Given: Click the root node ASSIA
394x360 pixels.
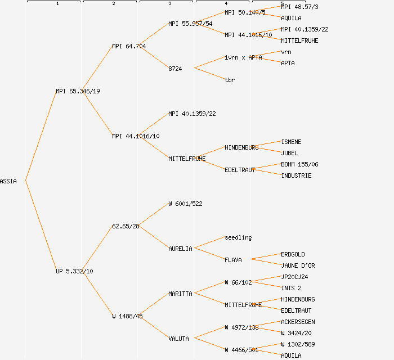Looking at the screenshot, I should [8, 181].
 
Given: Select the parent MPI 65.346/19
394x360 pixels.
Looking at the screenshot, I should [78, 91].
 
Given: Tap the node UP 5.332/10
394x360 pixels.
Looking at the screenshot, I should [74, 271].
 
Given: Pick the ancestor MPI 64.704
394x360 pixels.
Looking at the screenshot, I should [129, 46].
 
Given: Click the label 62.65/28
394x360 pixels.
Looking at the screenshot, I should [126, 226].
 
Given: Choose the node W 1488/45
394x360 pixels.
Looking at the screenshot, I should [127, 316].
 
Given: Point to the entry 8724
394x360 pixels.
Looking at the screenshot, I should [175, 69].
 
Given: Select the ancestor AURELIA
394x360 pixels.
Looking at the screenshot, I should [180, 249].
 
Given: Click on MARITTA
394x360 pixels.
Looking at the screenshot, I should [180, 294].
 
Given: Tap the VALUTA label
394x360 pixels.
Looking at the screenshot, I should [178, 339].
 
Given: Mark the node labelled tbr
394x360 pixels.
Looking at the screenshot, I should [230, 80].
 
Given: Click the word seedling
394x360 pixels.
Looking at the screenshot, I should [238, 237].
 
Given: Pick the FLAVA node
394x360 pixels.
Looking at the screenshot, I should [233, 260].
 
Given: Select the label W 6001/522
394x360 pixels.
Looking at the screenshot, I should [185, 204].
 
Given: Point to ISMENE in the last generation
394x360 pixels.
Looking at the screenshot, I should [291, 142].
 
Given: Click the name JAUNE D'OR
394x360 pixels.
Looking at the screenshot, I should [298, 265].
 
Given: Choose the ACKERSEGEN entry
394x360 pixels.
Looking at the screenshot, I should [298, 322].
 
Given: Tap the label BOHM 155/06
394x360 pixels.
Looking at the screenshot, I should [299, 164].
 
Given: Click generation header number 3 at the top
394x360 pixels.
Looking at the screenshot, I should [169, 4].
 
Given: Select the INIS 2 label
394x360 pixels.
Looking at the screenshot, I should [291, 288].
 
